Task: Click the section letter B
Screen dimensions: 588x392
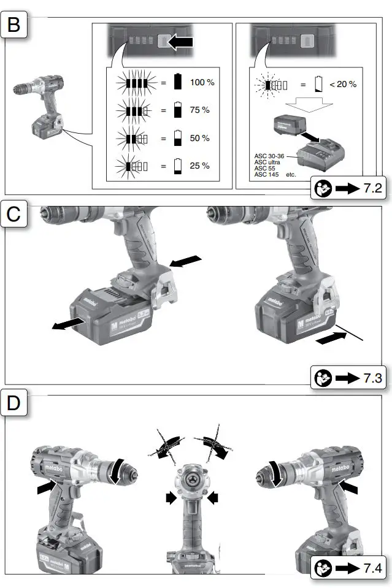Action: pos(14,26)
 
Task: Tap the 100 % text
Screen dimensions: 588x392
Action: pos(202,82)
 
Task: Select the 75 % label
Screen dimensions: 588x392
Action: pos(199,110)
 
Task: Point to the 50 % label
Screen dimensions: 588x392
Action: pos(199,138)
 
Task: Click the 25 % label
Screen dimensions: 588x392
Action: pos(199,166)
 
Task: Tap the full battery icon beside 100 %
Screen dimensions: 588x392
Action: pos(178,82)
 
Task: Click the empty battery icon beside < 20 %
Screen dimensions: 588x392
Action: pos(318,84)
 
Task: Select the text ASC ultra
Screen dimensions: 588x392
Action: pos(268,162)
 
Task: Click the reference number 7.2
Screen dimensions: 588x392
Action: pos(372,188)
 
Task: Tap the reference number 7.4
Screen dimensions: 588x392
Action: pos(372,565)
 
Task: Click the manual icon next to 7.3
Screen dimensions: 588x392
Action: pos(321,377)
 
